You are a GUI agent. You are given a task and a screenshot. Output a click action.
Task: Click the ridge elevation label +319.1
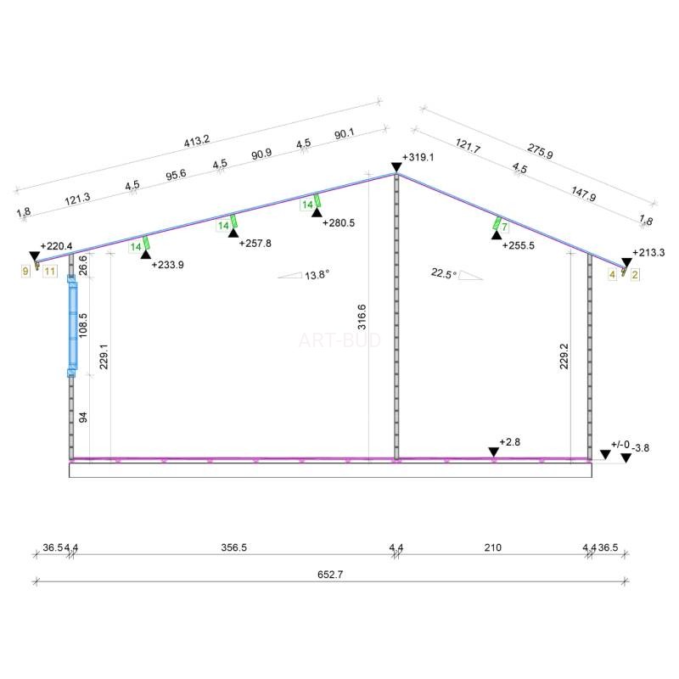418,157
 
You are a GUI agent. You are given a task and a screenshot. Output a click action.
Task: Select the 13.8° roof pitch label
317,275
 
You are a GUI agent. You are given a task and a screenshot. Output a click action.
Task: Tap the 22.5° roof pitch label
444,273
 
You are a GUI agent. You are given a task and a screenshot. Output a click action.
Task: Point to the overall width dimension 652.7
330,575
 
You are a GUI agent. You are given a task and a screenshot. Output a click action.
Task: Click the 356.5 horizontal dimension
234,547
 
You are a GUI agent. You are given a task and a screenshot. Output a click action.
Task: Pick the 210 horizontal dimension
493,547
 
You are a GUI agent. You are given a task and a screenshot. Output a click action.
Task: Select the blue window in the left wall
72,326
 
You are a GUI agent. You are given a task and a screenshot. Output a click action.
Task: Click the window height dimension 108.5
83,326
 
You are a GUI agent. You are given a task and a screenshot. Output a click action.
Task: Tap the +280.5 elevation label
339,222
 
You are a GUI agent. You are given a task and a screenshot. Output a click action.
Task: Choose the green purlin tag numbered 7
504,227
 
